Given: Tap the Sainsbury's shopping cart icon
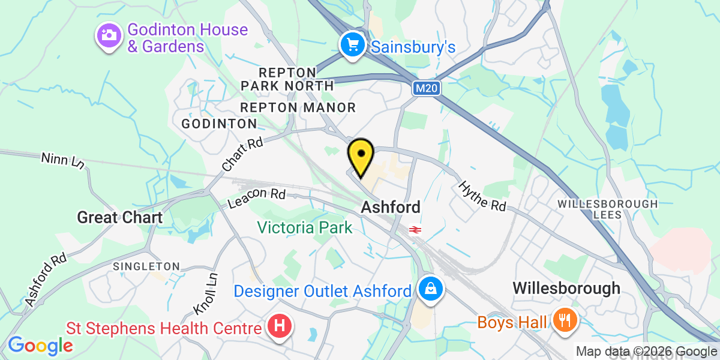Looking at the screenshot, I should (x=352, y=44).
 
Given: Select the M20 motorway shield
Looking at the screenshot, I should (x=427, y=89).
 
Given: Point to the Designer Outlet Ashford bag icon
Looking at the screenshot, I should (x=431, y=289).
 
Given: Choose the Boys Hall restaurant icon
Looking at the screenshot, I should (x=564, y=320).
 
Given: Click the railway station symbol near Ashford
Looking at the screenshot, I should (x=413, y=229).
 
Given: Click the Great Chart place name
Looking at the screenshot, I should (x=119, y=217).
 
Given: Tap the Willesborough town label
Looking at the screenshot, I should (x=566, y=288).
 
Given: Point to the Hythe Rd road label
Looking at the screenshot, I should (x=482, y=196).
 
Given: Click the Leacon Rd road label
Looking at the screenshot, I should (x=257, y=199).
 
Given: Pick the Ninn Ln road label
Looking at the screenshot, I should (x=61, y=161).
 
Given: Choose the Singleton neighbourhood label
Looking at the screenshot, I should (x=146, y=266).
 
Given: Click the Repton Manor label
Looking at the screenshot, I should (x=298, y=107).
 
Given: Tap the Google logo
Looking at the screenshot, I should (x=40, y=345).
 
